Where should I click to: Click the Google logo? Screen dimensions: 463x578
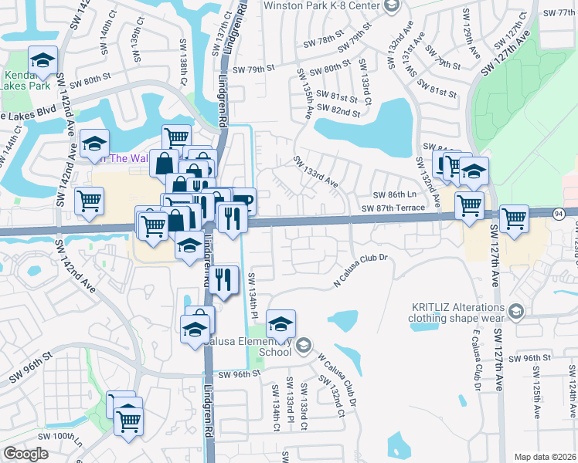(x=26, y=454)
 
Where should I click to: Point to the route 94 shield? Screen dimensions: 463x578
(x=559, y=212)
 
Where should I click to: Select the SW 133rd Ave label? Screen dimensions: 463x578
(x=315, y=172)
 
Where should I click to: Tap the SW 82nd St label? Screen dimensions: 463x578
(x=344, y=113)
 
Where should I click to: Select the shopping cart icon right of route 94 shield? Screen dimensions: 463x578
(x=514, y=219)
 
